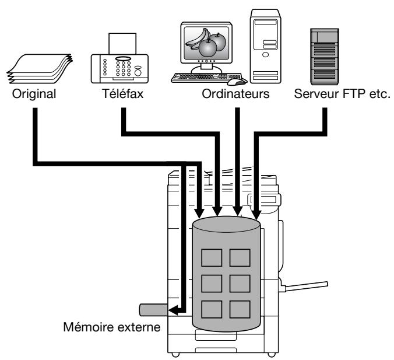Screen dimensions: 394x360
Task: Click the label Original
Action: (34, 95)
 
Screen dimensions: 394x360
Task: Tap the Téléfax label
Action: (122, 93)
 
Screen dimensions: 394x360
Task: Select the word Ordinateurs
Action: (235, 94)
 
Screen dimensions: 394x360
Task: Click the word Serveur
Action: (316, 94)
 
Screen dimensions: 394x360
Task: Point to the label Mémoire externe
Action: (112, 327)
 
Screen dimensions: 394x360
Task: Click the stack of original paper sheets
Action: (40, 68)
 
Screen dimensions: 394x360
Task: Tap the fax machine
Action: (119, 58)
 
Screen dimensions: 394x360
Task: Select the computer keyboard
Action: (206, 78)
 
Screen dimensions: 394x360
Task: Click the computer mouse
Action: (237, 81)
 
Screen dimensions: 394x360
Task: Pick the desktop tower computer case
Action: (266, 46)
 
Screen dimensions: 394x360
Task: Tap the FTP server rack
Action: (325, 57)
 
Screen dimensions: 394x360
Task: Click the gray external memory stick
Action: (153, 310)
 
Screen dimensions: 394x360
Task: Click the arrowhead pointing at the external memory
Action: (173, 310)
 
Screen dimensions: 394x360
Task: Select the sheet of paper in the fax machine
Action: (122, 44)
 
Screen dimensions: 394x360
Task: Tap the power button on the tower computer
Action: (265, 54)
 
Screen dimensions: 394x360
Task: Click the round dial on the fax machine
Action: (138, 73)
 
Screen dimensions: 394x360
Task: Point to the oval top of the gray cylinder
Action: (226, 224)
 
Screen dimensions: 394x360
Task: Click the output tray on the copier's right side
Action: (304, 286)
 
